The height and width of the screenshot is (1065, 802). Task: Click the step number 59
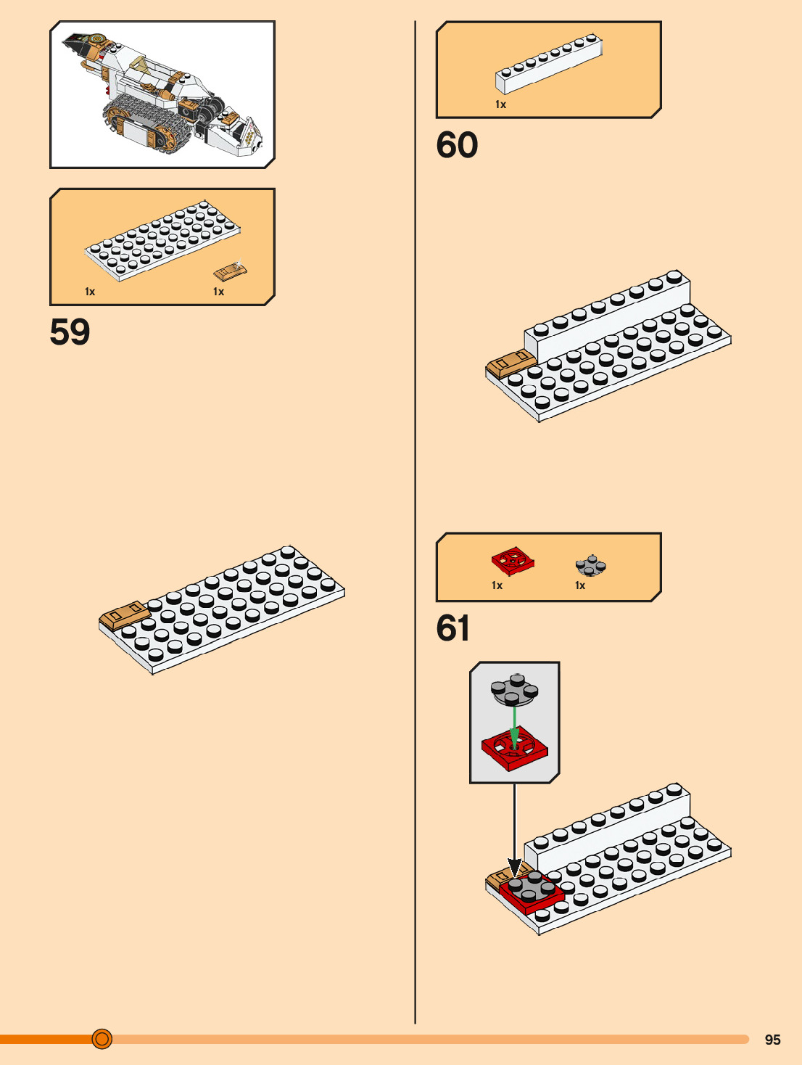coord(70,332)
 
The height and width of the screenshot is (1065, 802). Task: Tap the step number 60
coord(457,145)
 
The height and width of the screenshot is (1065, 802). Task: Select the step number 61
coord(453,628)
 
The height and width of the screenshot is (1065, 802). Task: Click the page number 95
coord(772,1040)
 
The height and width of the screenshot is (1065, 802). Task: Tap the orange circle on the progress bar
coord(102,1039)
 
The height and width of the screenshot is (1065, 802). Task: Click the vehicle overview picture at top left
coord(162,94)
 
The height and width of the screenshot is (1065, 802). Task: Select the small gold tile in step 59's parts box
coord(231,271)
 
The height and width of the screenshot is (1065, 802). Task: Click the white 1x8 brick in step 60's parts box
coord(549,65)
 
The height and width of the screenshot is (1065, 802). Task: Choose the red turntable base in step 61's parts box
coord(513,561)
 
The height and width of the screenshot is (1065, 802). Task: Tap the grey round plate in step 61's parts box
coord(591,565)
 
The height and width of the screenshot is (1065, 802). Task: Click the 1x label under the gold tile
coord(218,292)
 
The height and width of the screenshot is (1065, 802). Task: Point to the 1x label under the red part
coord(497,585)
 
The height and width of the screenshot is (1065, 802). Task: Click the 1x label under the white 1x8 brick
coord(500,104)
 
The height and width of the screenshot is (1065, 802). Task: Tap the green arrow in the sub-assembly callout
coord(514,725)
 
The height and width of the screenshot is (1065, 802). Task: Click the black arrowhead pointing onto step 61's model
coord(514,867)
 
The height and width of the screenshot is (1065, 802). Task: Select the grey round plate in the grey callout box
coord(514,690)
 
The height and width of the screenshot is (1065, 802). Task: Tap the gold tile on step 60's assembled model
coord(510,361)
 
